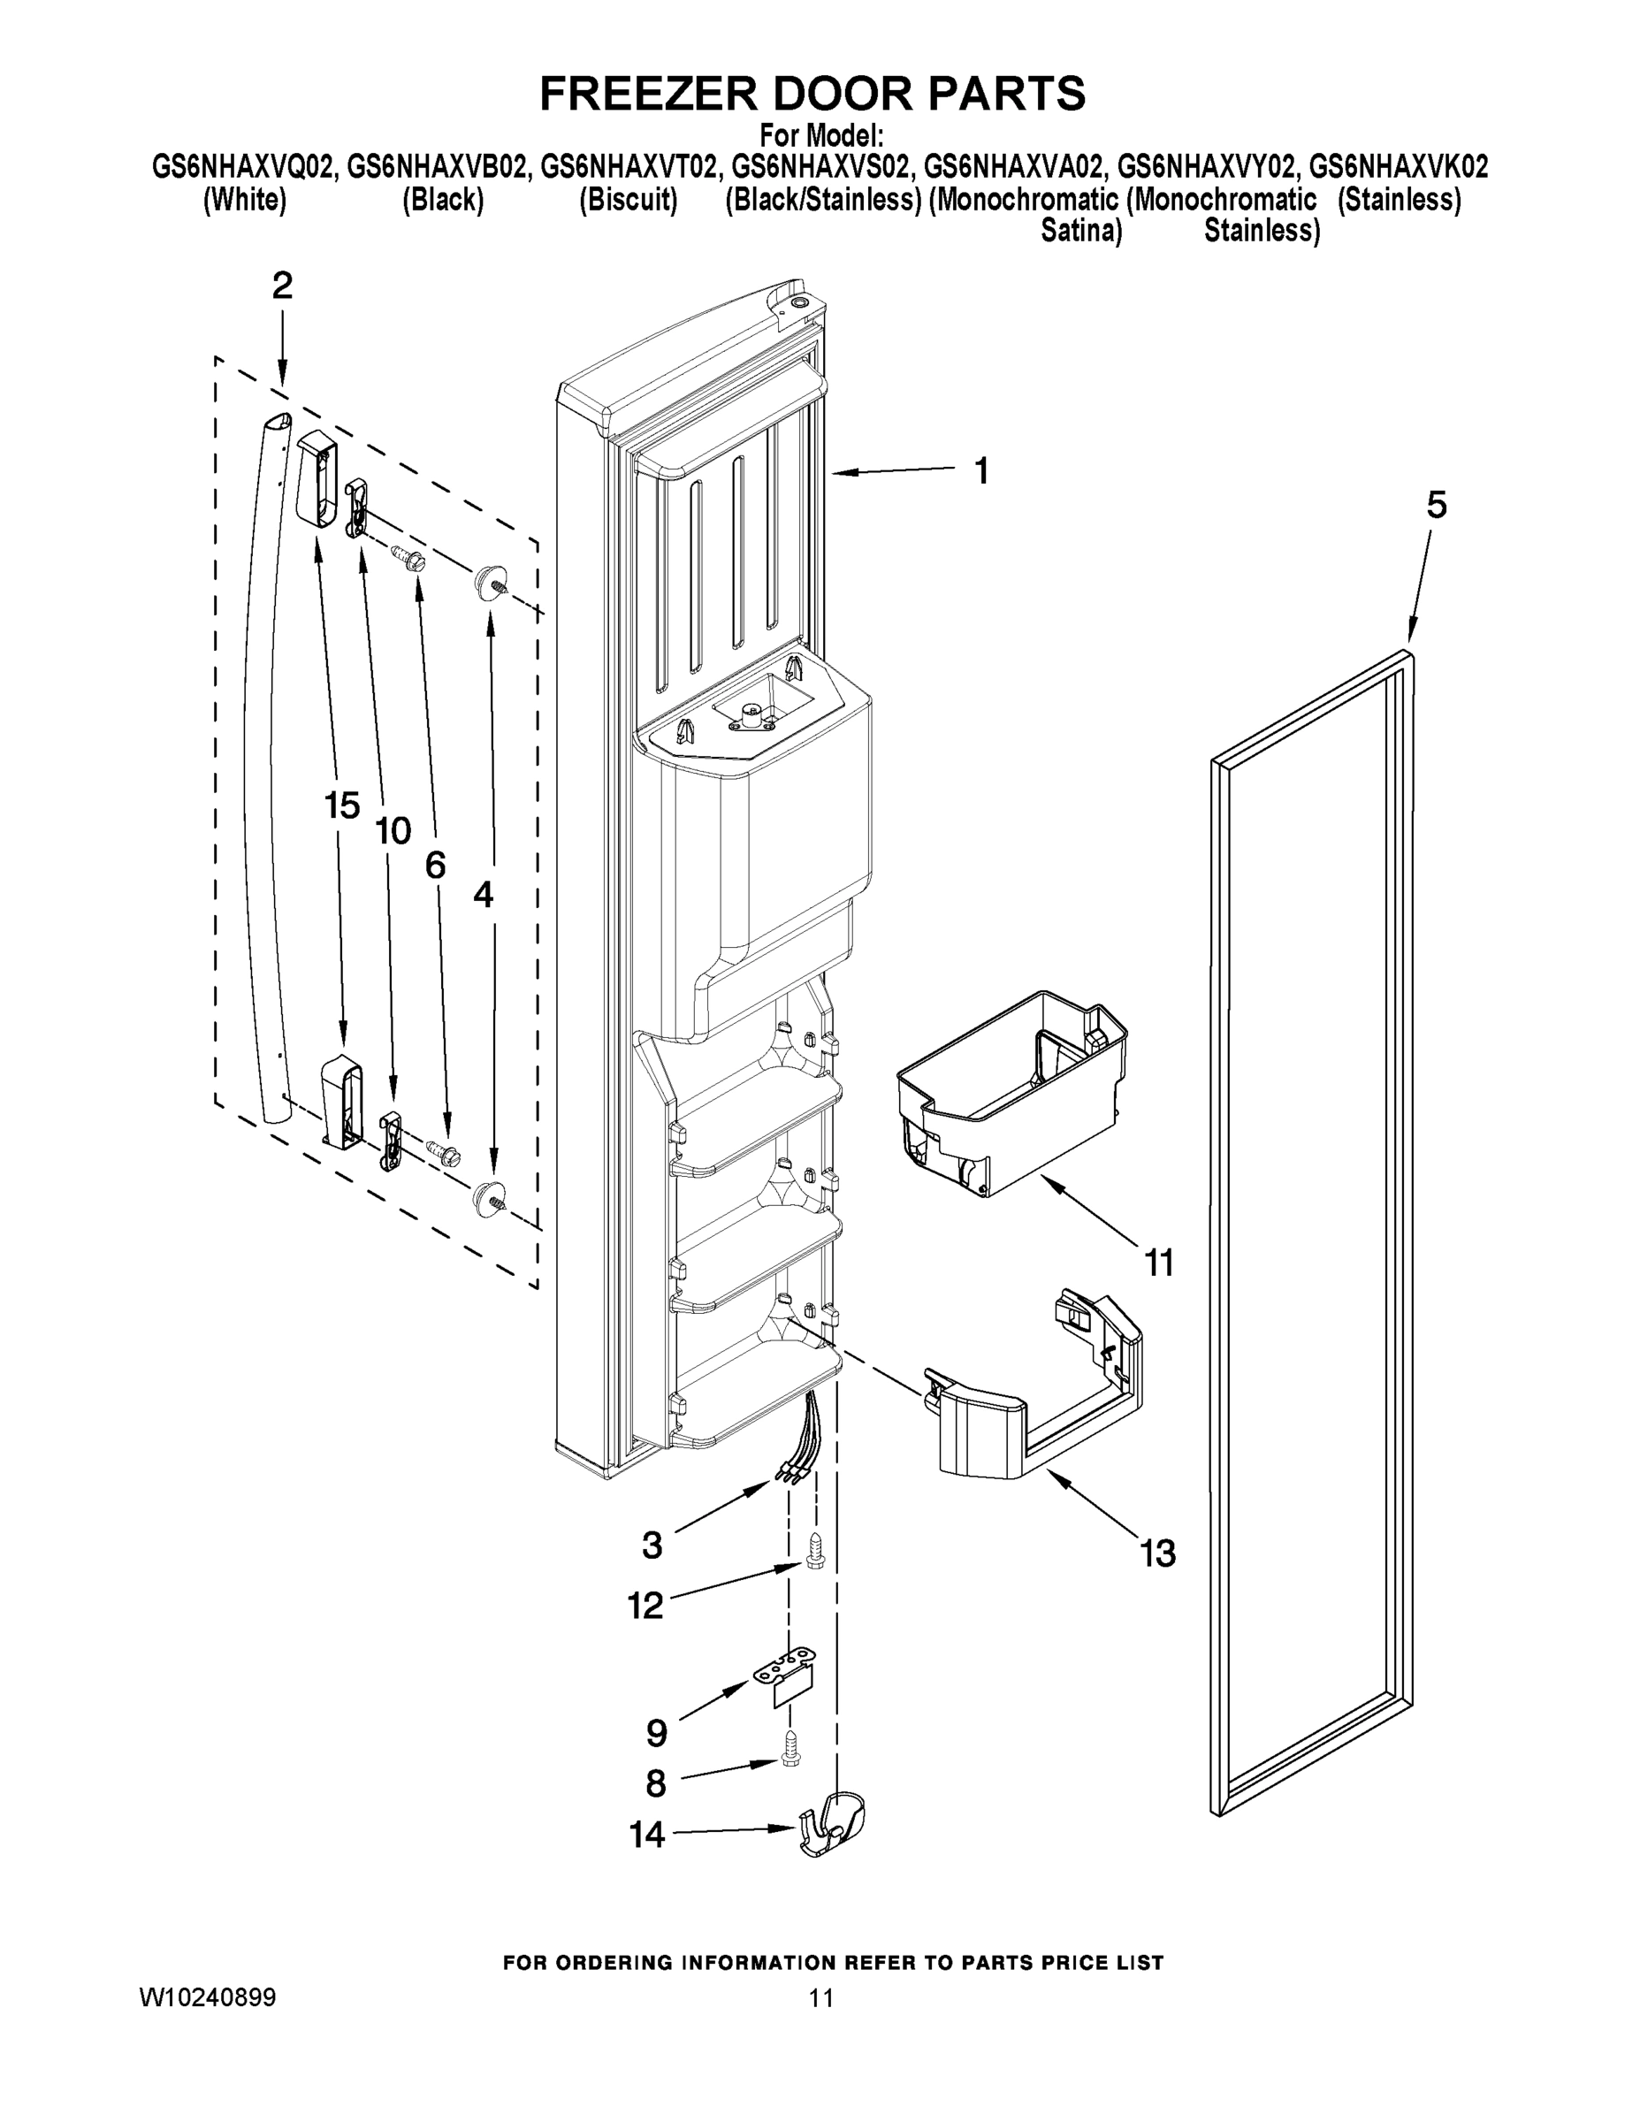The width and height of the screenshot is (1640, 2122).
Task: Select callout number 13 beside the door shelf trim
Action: pos(1158,1553)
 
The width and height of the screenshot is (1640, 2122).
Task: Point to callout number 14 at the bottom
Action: pos(647,1836)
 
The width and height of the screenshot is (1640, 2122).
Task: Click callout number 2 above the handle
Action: pos(282,286)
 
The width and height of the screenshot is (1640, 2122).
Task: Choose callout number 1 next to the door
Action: pos(981,471)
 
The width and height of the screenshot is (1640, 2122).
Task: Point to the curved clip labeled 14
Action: pos(834,1824)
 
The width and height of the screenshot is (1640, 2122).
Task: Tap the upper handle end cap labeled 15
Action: pos(315,478)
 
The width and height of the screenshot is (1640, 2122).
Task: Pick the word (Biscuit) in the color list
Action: pos(628,200)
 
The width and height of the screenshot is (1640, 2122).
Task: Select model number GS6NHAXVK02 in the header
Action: pos(1398,167)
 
